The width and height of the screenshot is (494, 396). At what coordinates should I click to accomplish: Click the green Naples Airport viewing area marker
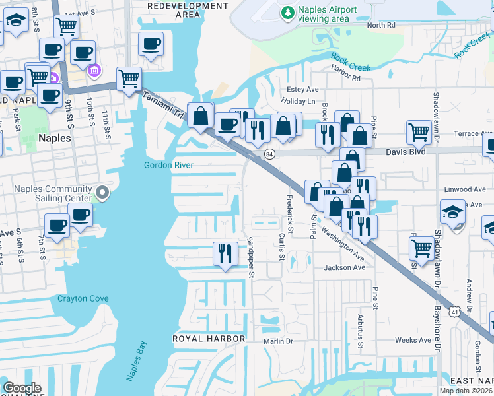pyautogui.click(x=287, y=13)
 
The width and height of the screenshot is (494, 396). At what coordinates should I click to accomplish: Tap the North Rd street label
pyautogui.click(x=381, y=26)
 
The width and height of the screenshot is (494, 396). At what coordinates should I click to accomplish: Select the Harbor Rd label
pyautogui.click(x=346, y=78)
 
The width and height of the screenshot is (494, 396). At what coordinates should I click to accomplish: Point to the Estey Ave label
pyautogui.click(x=302, y=90)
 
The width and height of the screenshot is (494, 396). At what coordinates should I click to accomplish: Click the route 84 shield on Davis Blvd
pyautogui.click(x=269, y=154)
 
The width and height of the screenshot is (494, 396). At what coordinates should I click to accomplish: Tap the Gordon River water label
pyautogui.click(x=168, y=165)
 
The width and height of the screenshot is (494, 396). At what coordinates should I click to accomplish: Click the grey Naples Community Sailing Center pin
pyautogui.click(x=102, y=193)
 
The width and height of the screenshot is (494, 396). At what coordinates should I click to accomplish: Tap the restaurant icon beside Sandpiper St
pyautogui.click(x=225, y=253)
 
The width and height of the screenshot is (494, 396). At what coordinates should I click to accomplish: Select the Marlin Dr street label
pyautogui.click(x=277, y=341)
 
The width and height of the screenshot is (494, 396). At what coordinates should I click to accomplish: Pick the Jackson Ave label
pyautogui.click(x=344, y=267)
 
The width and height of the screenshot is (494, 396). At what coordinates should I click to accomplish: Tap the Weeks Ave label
pyautogui.click(x=413, y=340)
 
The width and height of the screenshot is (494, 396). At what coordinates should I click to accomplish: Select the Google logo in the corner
pyautogui.click(x=22, y=388)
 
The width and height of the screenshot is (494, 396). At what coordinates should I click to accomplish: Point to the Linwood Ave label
pyautogui.click(x=460, y=189)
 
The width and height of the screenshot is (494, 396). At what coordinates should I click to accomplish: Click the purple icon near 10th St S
pyautogui.click(x=94, y=70)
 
